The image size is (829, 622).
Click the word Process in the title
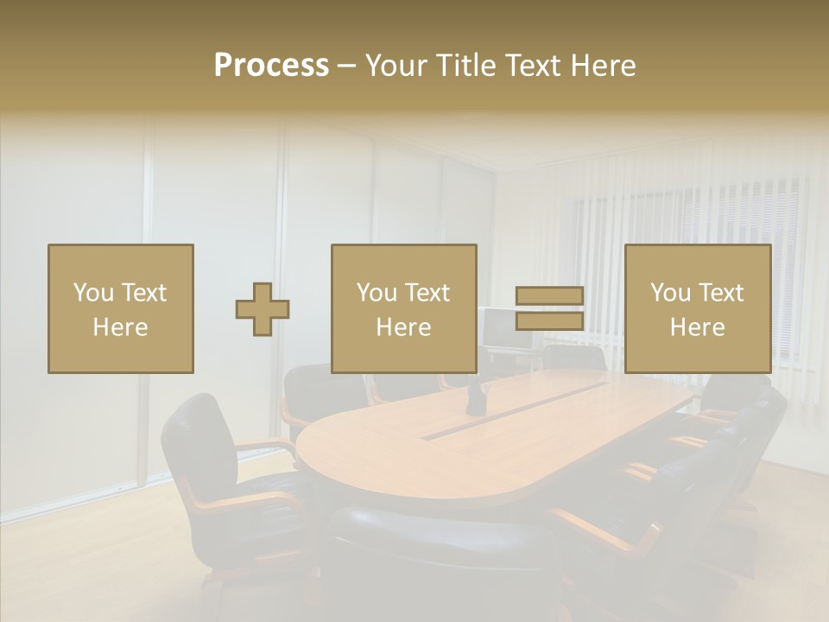coord(271,66)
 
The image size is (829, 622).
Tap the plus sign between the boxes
coord(263,309)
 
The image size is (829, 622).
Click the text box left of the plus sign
coord(120,309)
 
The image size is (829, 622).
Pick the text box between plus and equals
coord(403,309)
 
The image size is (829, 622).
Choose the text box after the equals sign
coord(697,309)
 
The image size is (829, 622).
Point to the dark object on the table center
coord(476,399)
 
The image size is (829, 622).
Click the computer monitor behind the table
coord(501,328)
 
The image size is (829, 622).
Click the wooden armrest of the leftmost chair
coord(263,446)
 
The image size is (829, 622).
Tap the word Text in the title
coord(533,66)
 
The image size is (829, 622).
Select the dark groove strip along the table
coord(518,409)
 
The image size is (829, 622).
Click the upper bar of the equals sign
coord(549,297)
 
